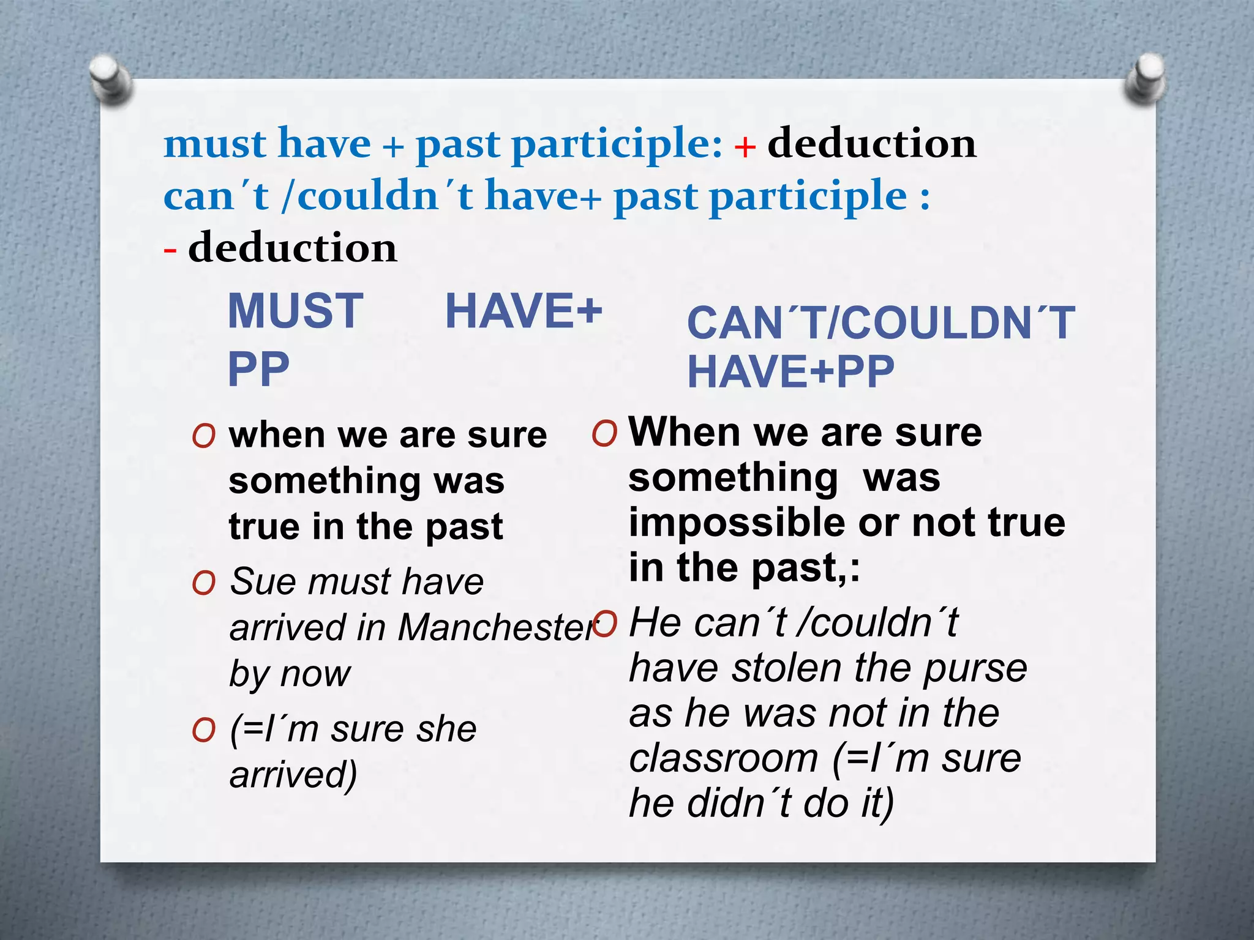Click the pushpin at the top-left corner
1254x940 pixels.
(x=110, y=78)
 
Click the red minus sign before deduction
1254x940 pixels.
(x=170, y=250)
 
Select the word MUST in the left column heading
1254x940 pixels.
(x=296, y=311)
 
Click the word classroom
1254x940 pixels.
(x=723, y=758)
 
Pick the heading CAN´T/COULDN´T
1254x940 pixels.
(x=880, y=323)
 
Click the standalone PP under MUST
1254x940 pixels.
(x=258, y=370)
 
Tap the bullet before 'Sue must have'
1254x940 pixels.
(x=203, y=583)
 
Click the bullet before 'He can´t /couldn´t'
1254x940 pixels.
(x=605, y=623)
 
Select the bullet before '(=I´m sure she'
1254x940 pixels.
(x=203, y=730)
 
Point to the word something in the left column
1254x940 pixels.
(x=324, y=482)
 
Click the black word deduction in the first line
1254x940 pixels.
(x=871, y=144)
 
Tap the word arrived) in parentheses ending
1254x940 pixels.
(x=293, y=775)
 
